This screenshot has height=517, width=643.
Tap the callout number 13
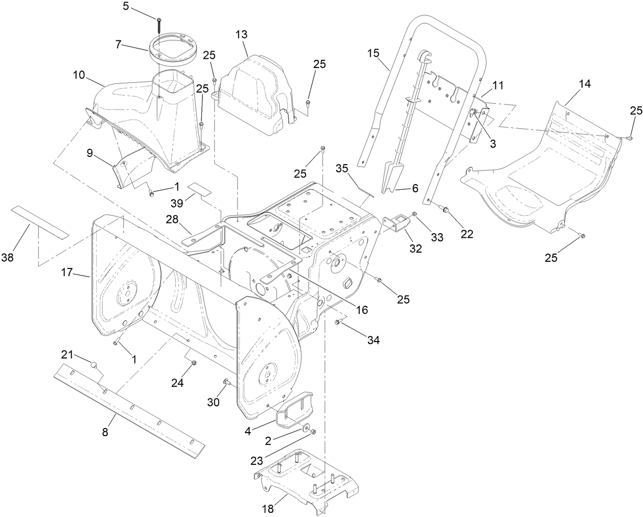tap(241, 35)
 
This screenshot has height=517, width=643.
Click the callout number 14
tap(584, 84)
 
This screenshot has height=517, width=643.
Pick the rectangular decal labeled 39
tap(199, 190)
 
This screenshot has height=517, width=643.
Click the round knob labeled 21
tap(94, 364)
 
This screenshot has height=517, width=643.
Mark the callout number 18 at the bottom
tap(268, 509)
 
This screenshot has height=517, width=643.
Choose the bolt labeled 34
tap(338, 322)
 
